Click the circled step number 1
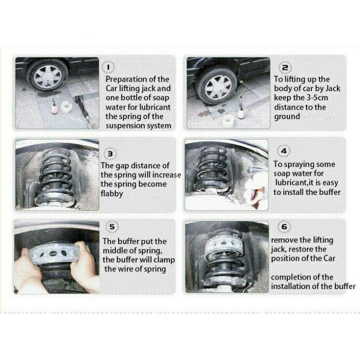[108, 67]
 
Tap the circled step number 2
[285, 67]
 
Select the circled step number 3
[110, 154]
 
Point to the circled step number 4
[284, 151]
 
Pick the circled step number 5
[112, 227]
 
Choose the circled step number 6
[284, 227]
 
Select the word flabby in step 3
[112, 194]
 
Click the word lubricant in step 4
[290, 183]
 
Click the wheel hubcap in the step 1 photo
[48, 77]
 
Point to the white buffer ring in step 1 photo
[67, 106]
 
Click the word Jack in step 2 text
[333, 88]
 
